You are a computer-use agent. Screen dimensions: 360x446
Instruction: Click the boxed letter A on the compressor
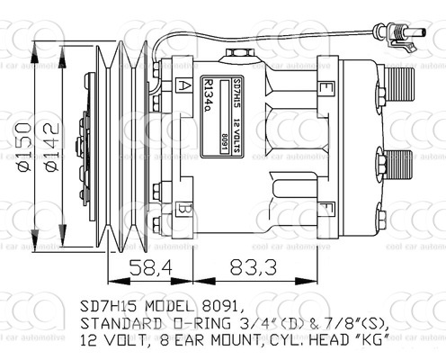[184, 86]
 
